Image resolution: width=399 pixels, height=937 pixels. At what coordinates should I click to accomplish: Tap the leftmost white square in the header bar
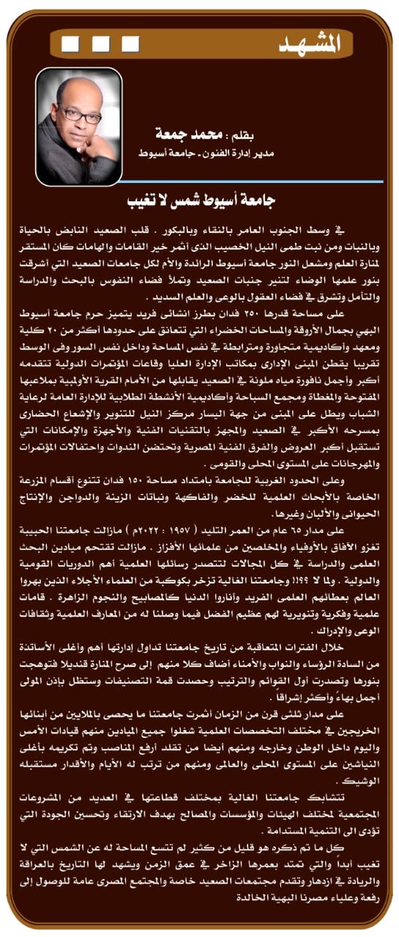70,44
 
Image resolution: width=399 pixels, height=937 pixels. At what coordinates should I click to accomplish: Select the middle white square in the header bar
101,44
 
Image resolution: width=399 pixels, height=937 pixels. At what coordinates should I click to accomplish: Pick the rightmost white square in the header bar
132,44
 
